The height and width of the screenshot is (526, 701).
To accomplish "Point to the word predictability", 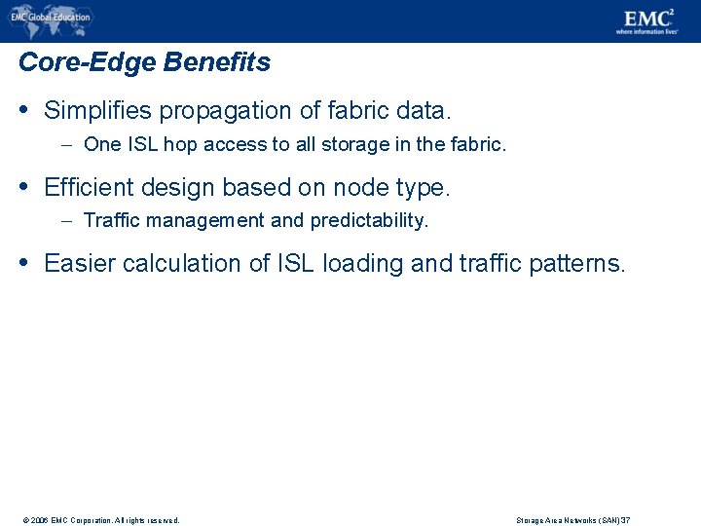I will [369, 221].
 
